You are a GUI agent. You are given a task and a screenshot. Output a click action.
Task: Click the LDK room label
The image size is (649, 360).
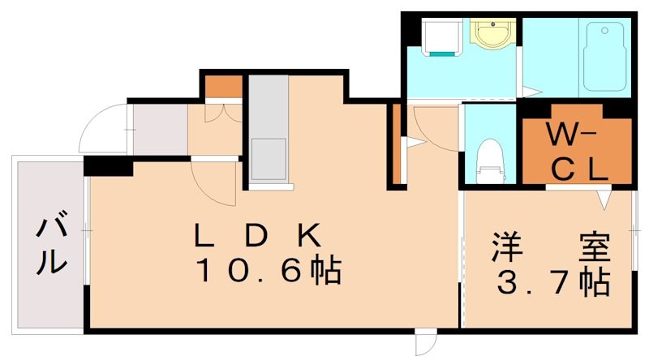coord(258,235)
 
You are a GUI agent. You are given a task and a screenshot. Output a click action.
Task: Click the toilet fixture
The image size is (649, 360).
coord(490,159)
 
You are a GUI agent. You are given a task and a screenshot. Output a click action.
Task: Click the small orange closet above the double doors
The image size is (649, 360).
coord(222,85)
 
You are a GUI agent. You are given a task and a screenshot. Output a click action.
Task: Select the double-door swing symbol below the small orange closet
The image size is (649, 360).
coord(222,110)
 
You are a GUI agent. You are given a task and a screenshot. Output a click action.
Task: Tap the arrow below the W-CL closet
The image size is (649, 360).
coord(603,198)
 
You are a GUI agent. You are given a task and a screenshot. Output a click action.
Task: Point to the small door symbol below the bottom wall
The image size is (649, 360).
coord(426,344)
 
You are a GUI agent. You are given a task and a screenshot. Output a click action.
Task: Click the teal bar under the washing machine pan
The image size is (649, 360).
coord(442,54)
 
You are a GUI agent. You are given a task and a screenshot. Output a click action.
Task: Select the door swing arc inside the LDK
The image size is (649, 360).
coord(213,182)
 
